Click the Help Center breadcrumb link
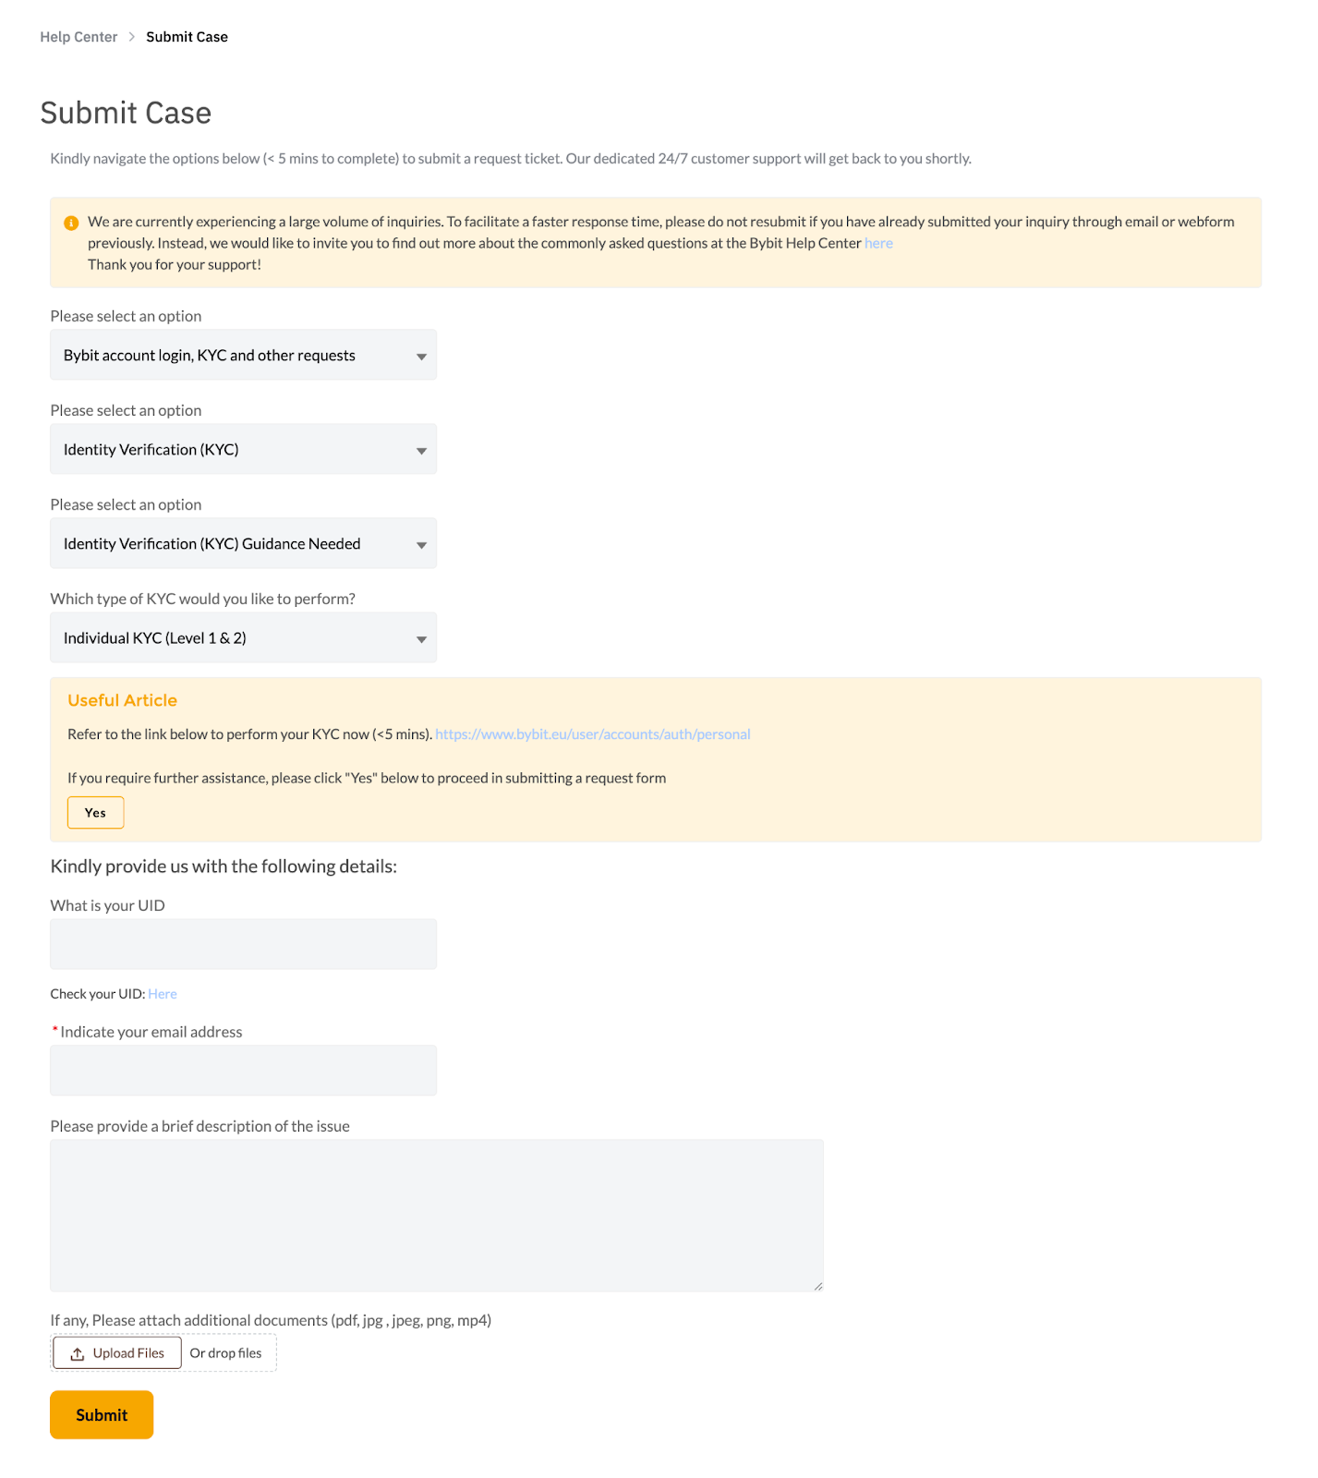click(79, 37)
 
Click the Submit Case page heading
click(126, 113)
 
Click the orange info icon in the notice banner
click(71, 223)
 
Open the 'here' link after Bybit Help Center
click(878, 243)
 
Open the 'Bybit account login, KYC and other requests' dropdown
click(243, 356)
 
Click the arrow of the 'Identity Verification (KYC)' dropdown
click(421, 451)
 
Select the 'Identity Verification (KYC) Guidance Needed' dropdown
click(243, 544)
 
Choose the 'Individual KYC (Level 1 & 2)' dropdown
click(243, 638)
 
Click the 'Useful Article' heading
click(122, 700)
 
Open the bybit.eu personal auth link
click(592, 734)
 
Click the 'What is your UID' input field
click(243, 944)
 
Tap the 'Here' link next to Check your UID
click(163, 994)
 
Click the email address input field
click(243, 1071)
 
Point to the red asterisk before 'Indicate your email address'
click(55, 1030)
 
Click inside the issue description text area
click(436, 1215)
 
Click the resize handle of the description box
click(818, 1286)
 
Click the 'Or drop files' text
click(225, 1353)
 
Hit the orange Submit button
click(102, 1415)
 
